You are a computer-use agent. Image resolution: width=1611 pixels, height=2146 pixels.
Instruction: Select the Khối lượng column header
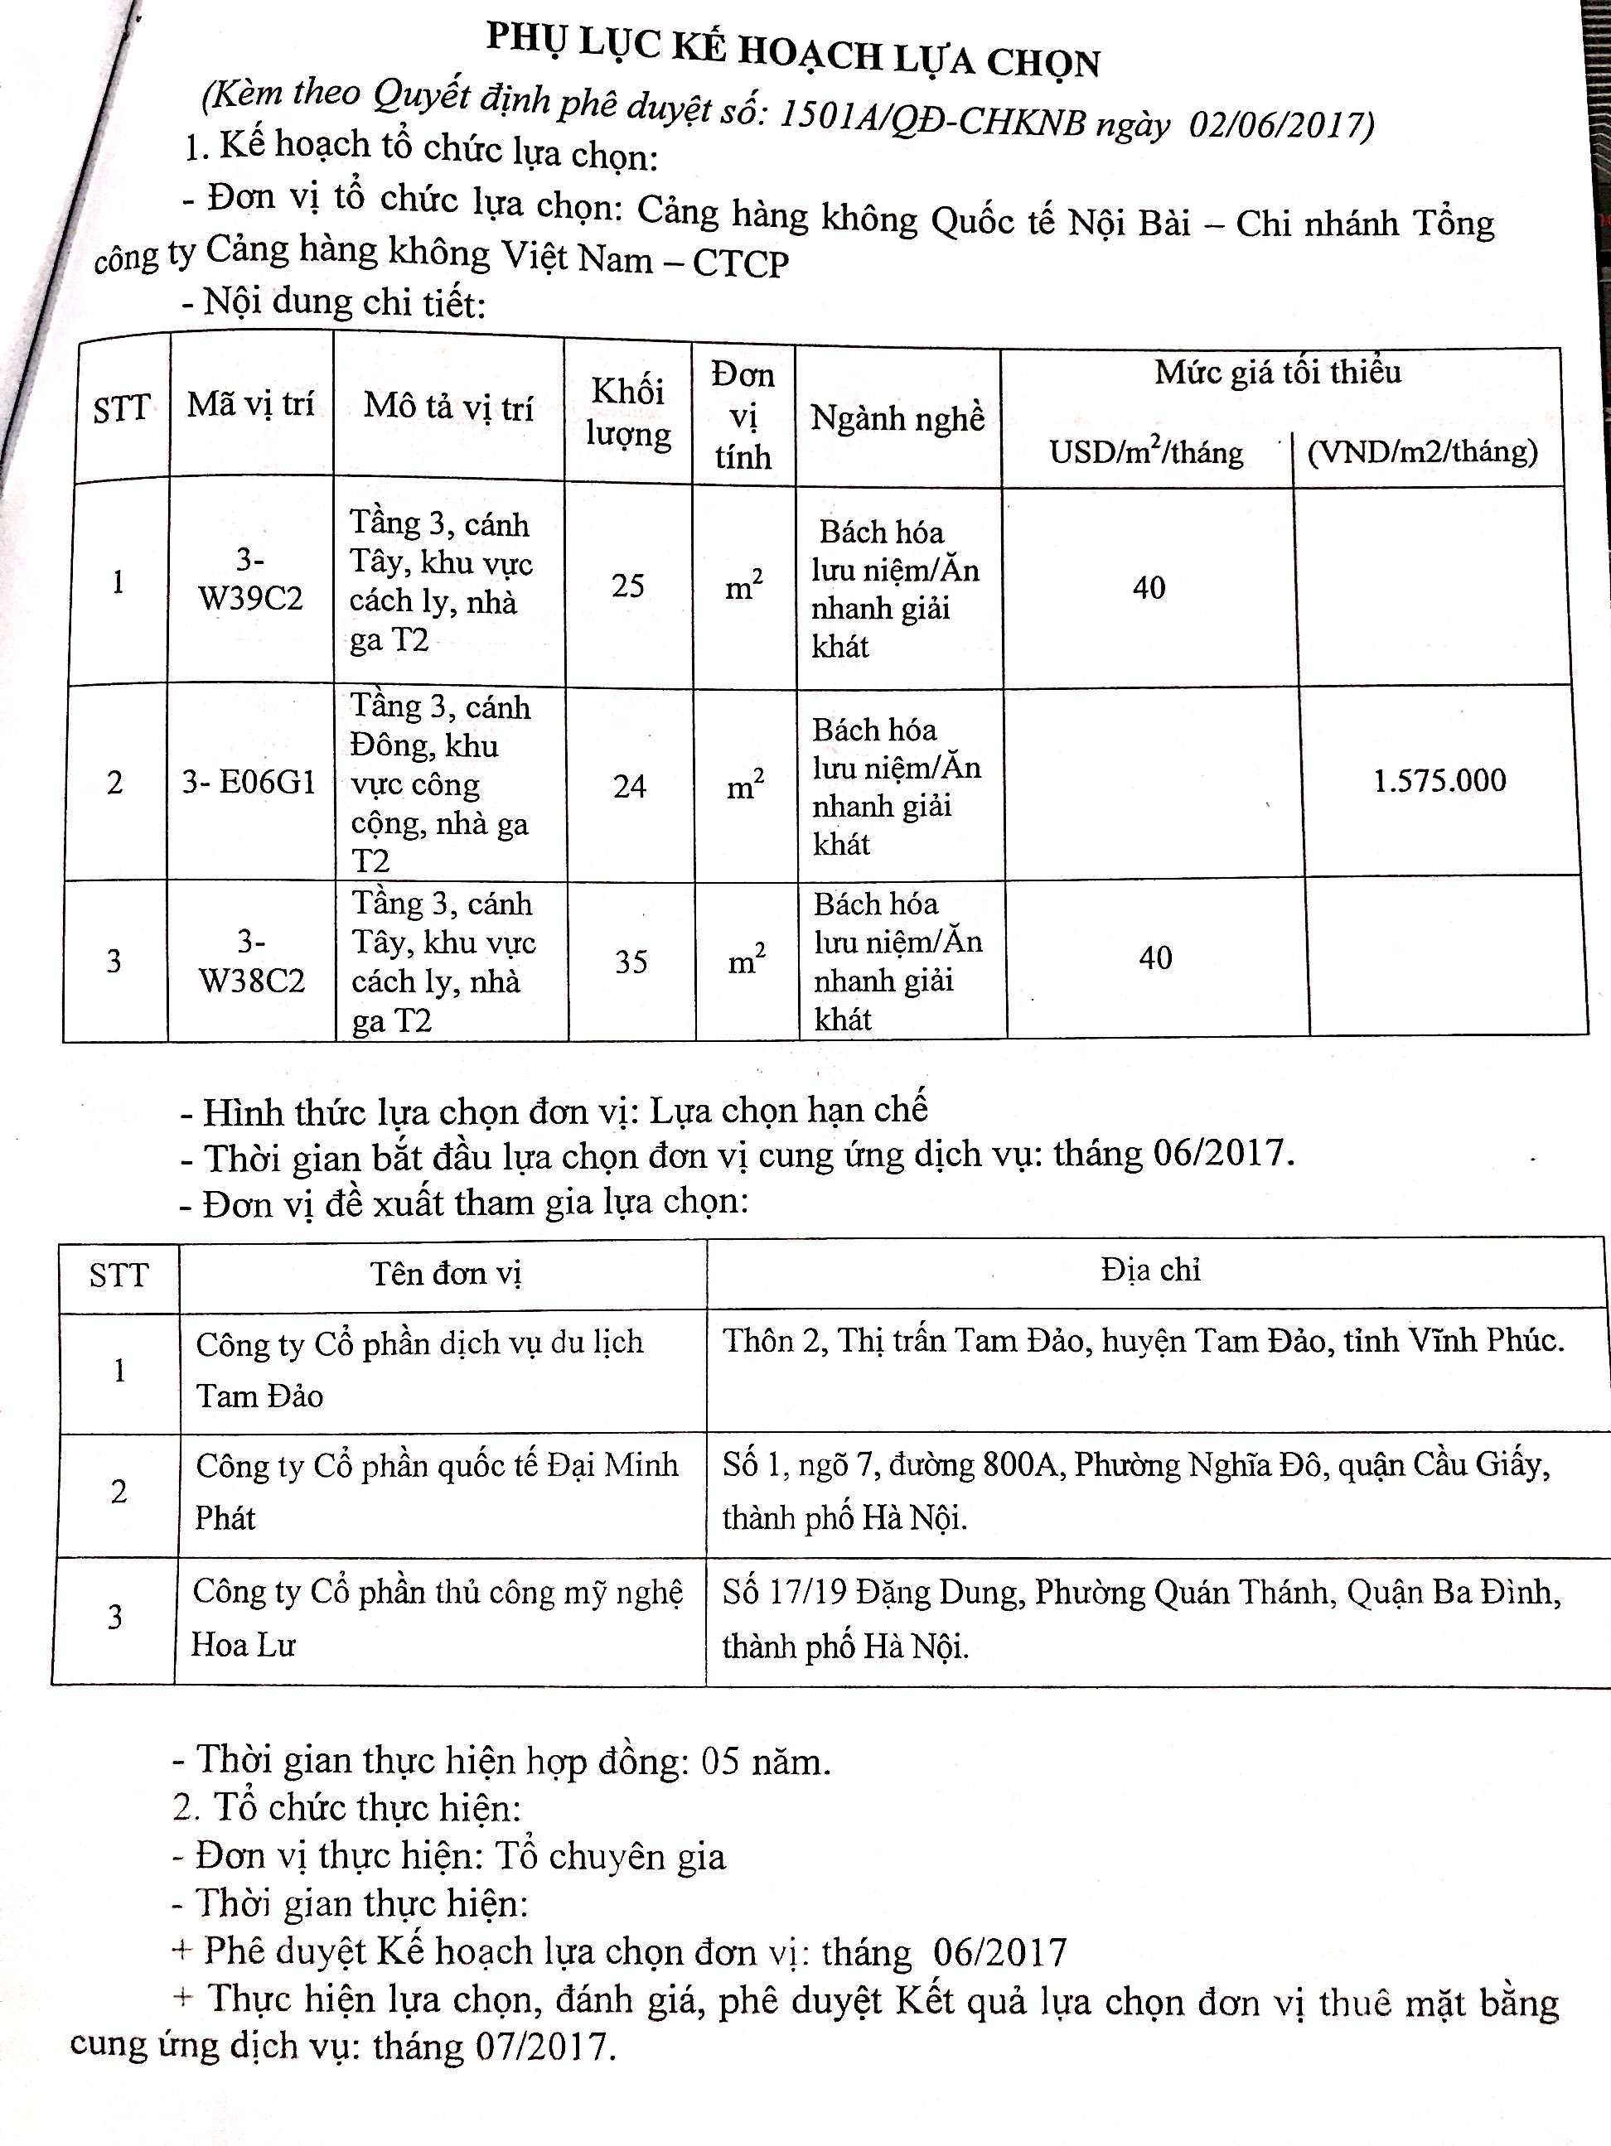point(628,412)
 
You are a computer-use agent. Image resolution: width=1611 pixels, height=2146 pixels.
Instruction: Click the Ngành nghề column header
point(897,417)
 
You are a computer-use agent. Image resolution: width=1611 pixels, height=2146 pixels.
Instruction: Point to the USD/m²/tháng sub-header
point(1146,452)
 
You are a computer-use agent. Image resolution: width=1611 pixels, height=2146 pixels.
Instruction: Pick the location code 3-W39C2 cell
point(250,579)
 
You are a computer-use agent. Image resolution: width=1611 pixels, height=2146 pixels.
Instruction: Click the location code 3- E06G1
point(249,781)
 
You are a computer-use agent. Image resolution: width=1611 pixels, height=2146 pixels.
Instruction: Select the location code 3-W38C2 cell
point(251,961)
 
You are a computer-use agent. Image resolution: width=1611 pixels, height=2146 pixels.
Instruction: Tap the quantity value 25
point(628,584)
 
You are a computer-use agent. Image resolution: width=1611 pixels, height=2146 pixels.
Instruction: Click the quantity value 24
point(630,785)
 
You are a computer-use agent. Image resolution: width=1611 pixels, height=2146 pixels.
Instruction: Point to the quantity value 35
point(631,962)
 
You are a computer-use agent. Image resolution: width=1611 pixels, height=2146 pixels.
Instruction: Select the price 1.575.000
point(1439,780)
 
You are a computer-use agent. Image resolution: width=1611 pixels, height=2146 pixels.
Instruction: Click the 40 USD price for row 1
point(1149,587)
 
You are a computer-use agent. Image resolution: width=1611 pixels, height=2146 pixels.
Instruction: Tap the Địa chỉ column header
point(1151,1270)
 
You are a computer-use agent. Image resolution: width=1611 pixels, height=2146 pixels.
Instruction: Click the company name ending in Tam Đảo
point(419,1368)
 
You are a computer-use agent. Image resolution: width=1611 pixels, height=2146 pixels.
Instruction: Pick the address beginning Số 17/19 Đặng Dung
point(1141,1618)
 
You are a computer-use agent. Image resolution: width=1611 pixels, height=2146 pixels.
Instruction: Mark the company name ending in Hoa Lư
point(437,1618)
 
